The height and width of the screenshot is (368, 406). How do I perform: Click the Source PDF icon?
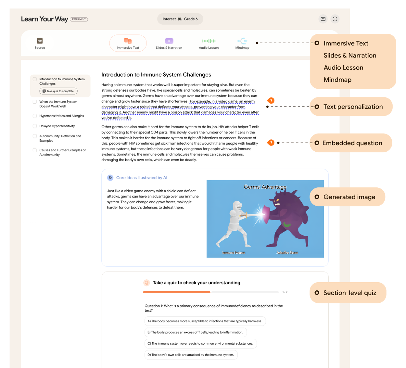coord(40,41)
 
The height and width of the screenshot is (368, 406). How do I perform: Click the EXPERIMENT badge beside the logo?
coord(79,19)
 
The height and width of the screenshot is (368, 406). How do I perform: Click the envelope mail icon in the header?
coord(323,19)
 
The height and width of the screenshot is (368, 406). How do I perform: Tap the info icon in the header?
coord(335,19)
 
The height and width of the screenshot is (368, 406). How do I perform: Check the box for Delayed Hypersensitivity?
coord(35,126)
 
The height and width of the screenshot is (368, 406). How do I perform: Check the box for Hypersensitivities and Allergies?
coord(35,116)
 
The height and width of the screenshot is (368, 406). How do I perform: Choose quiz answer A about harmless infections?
coord(205,321)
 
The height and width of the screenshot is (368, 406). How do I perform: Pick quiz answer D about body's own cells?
coord(191,355)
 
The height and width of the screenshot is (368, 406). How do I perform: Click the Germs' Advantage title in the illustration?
coord(265,187)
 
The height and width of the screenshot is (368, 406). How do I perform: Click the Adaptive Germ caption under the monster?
coord(287,253)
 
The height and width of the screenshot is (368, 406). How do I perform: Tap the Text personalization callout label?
coord(353,107)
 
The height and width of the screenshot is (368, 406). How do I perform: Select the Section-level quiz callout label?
coord(349,293)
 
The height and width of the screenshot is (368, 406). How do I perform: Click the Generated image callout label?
coord(349,197)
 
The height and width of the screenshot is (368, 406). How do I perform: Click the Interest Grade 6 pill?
coord(180,19)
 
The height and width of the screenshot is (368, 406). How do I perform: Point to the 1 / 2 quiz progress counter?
coord(285,292)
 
